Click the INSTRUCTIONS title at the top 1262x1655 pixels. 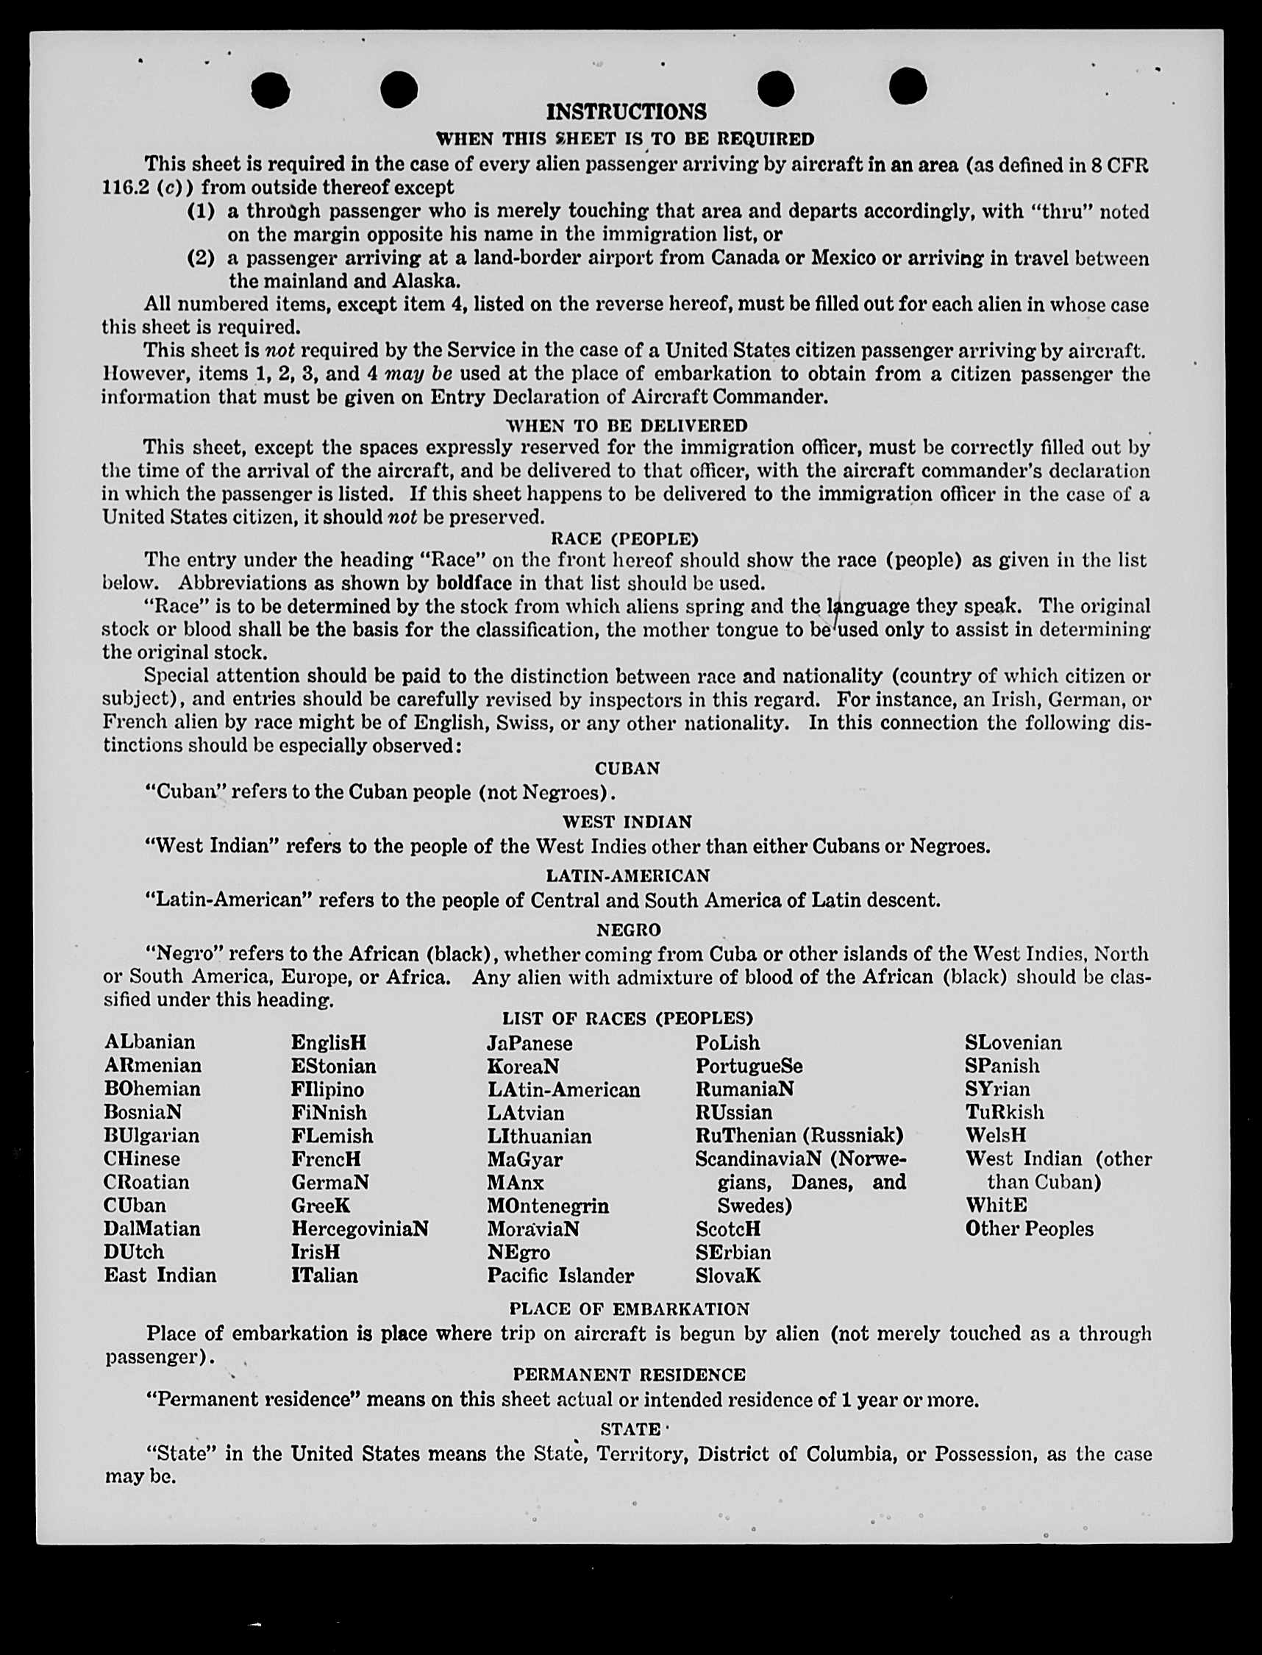[x=626, y=112]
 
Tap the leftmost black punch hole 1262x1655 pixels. [x=270, y=90]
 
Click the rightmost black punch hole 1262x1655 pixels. [x=908, y=85]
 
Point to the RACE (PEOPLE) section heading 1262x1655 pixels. [x=624, y=538]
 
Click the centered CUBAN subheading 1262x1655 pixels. [x=627, y=769]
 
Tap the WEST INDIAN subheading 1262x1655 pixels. [x=627, y=822]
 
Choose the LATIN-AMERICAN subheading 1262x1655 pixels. [x=627, y=875]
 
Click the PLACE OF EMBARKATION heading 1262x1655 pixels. [x=629, y=1309]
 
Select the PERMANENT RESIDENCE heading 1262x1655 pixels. [x=629, y=1374]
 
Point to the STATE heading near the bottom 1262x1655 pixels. [x=630, y=1428]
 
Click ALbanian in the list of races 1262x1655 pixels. [x=150, y=1042]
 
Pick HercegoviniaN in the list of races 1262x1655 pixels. [x=360, y=1228]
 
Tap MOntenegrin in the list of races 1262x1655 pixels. [x=548, y=1206]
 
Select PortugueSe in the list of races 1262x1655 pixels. [x=748, y=1066]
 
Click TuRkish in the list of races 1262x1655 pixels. [x=1005, y=1112]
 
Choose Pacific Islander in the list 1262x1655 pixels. [x=560, y=1275]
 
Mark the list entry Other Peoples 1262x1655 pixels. [x=1029, y=1228]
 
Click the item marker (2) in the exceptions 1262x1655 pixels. [x=201, y=257]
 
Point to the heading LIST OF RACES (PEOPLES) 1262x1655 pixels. [x=627, y=1018]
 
